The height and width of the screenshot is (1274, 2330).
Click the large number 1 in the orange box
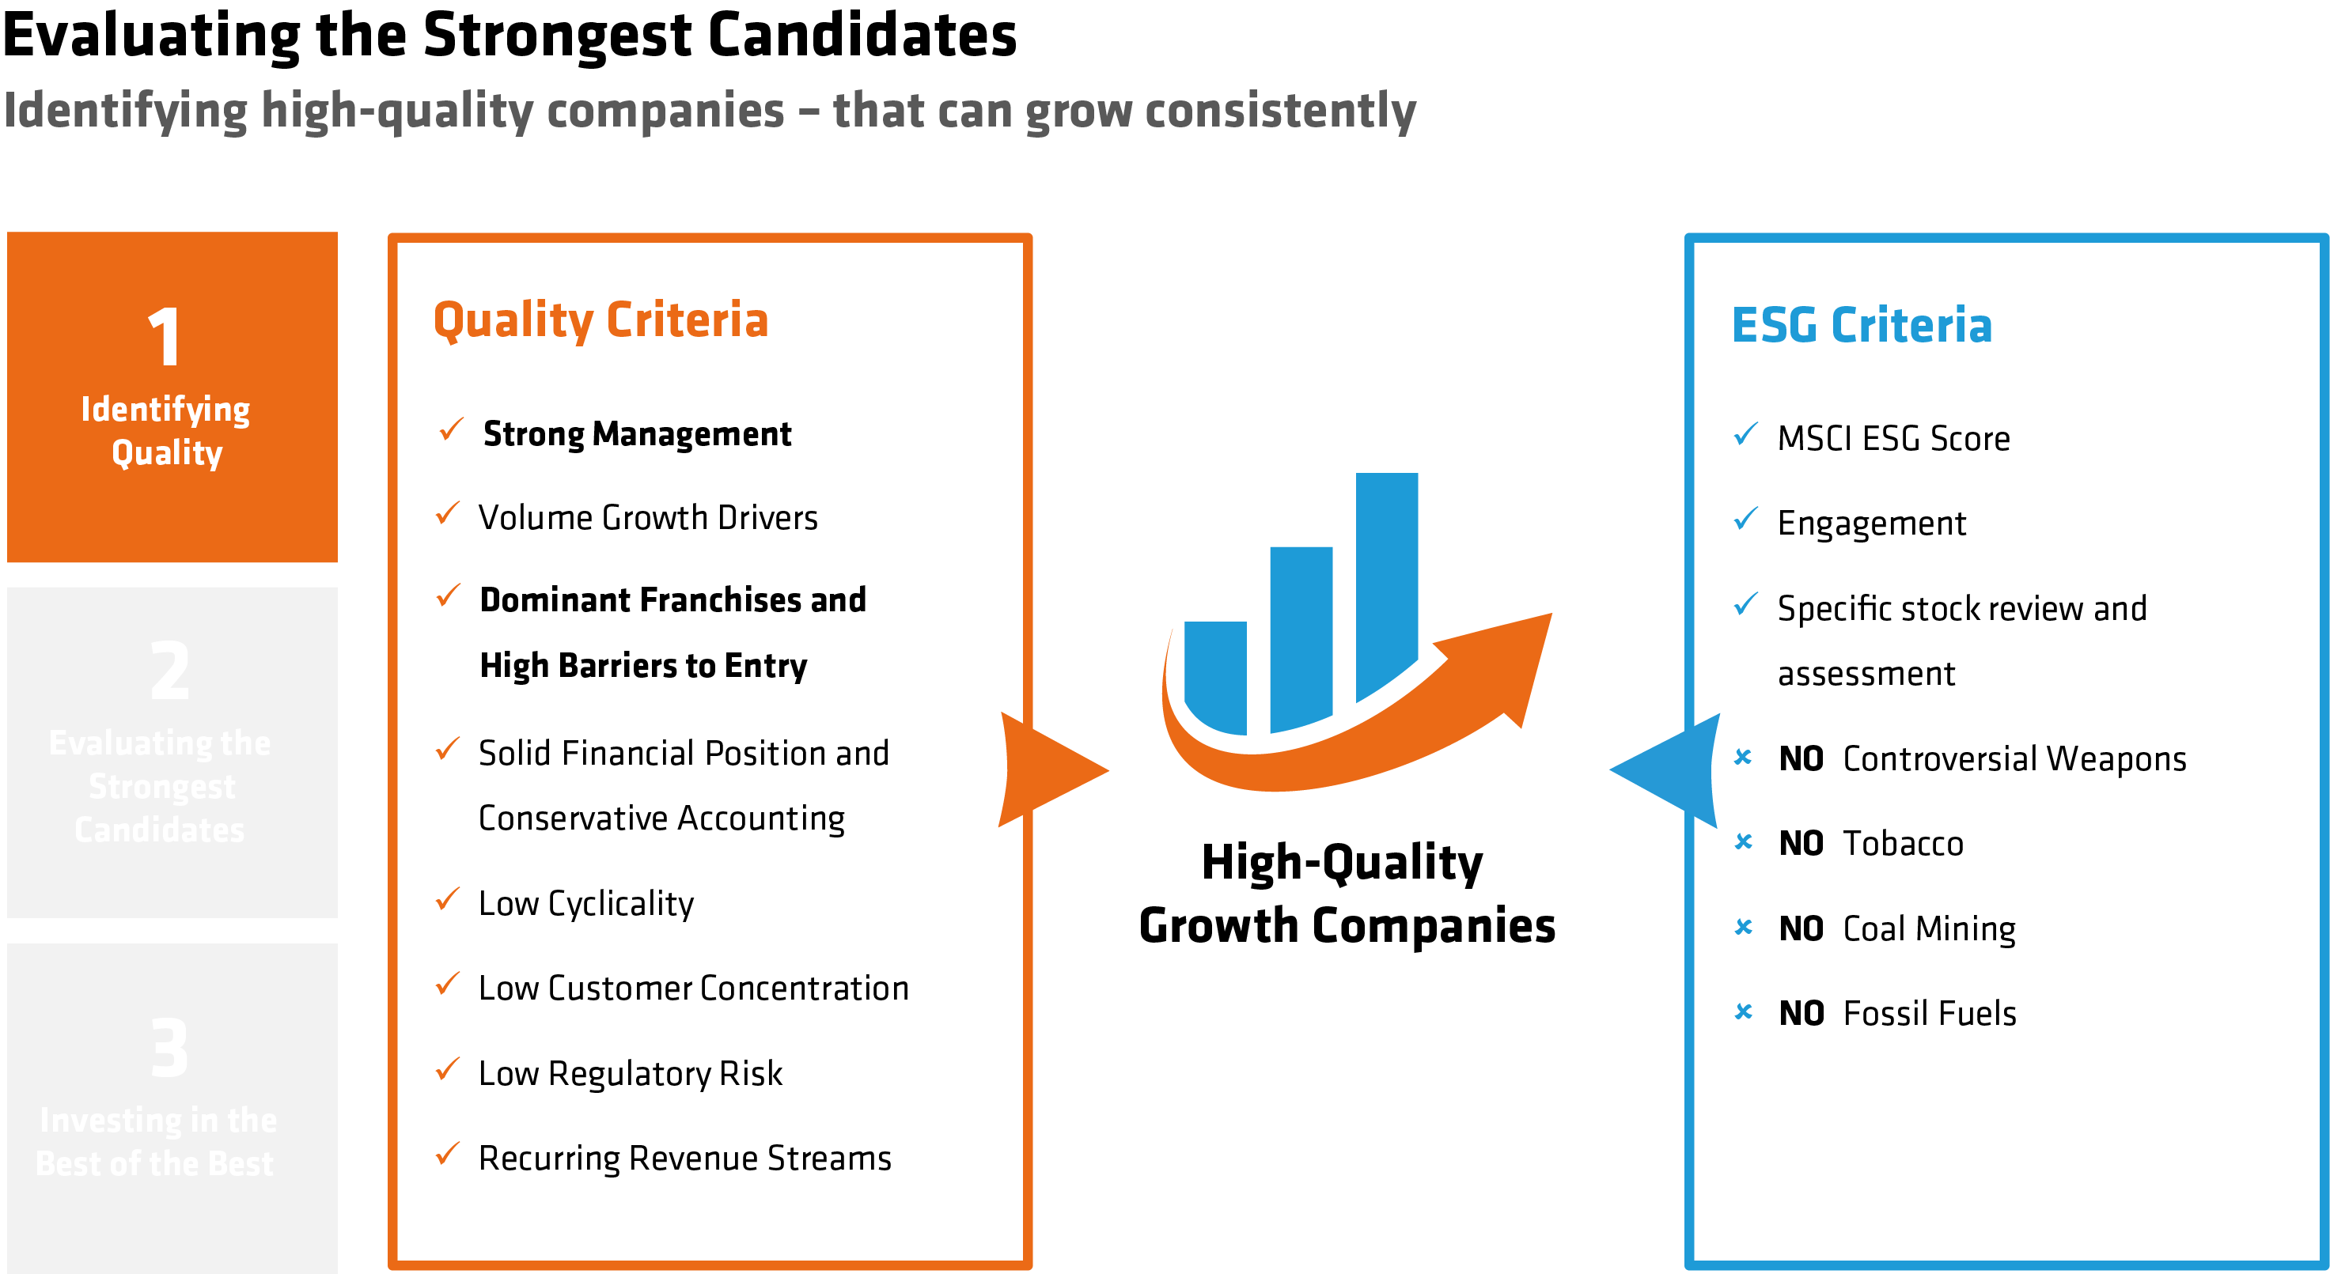pyautogui.click(x=165, y=336)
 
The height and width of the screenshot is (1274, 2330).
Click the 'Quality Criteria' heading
pyautogui.click(x=600, y=321)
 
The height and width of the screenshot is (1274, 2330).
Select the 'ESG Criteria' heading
pyautogui.click(x=1862, y=326)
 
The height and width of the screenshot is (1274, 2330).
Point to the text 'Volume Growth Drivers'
pyautogui.click(x=648, y=518)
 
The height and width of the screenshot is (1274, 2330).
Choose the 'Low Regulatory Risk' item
pyautogui.click(x=631, y=1073)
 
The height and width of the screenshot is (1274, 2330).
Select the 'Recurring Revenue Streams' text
pyautogui.click(x=684, y=1159)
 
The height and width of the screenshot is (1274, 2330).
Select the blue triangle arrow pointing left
pyautogui.click(x=1669, y=769)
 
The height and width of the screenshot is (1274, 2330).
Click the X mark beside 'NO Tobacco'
pyautogui.click(x=1743, y=841)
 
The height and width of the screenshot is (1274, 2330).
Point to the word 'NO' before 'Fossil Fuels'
pyautogui.click(x=1801, y=1014)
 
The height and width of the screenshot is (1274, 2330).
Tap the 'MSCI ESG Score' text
pyautogui.click(x=1893, y=440)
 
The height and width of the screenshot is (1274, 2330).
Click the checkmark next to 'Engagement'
pyautogui.click(x=1745, y=520)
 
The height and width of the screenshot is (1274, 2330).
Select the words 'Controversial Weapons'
pyautogui.click(x=2014, y=759)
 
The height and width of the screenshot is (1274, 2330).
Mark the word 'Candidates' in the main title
pyautogui.click(x=862, y=36)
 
